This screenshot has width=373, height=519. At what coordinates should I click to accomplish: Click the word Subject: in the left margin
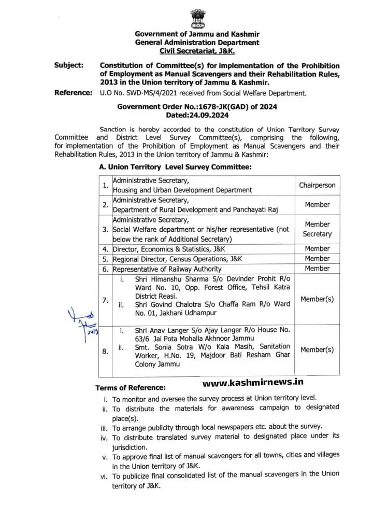(x=68, y=66)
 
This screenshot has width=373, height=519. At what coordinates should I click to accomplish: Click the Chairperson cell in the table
(x=317, y=185)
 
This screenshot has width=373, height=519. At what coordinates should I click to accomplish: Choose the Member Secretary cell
(x=317, y=229)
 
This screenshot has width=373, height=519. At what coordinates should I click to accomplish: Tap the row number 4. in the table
(x=106, y=249)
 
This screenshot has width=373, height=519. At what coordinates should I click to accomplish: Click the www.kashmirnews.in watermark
(x=252, y=383)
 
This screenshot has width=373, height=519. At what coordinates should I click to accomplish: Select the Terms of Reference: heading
(x=131, y=388)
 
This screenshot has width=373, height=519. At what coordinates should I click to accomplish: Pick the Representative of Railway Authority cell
(x=167, y=269)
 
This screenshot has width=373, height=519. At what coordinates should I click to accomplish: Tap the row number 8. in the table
(x=106, y=352)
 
